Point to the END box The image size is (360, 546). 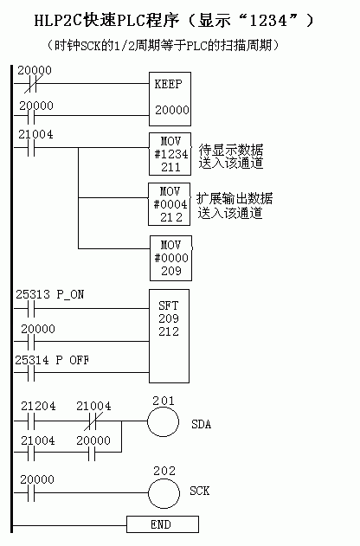(163, 524)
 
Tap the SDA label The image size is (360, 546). (202, 424)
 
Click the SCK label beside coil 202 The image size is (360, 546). (200, 491)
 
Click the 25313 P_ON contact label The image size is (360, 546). (50, 294)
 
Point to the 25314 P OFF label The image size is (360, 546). (52, 360)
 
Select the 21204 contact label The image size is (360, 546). (38, 406)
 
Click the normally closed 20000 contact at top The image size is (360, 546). (31, 84)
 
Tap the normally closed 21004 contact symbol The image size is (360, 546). (92, 421)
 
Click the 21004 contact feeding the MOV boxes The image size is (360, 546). (31, 148)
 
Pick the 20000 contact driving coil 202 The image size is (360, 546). (31, 493)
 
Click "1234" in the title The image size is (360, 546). (268, 21)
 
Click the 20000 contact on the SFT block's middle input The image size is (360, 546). (31, 342)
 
